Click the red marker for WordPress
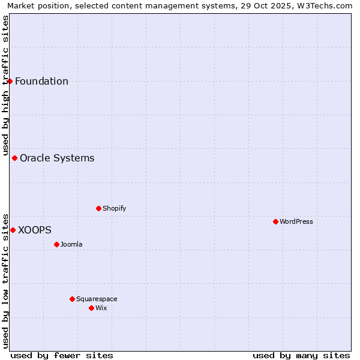point(275,221)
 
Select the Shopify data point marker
point(98,208)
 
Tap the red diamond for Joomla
point(56,244)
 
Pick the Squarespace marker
point(72,299)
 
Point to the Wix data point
point(91,308)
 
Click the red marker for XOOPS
point(13,230)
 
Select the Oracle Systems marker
point(14,158)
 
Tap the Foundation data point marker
point(10,81)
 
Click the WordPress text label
point(296,221)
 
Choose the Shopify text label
point(115,208)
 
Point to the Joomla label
point(71,244)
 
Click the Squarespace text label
point(97,299)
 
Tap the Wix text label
point(101,308)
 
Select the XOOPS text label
point(35,230)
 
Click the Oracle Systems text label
point(57,158)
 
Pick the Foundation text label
point(41,81)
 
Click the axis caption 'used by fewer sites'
point(62,355)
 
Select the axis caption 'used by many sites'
point(301,355)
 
